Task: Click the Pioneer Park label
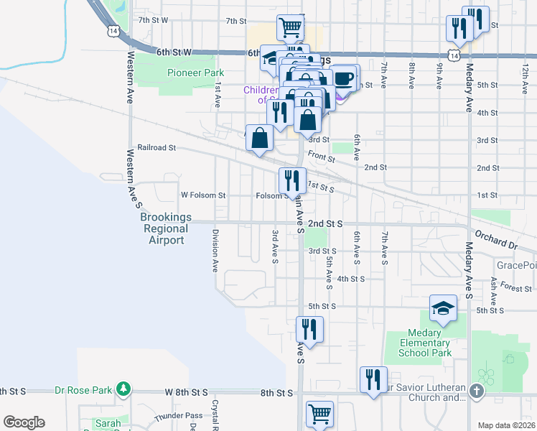195,73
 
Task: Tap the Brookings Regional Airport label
165,228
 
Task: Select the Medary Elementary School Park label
429,343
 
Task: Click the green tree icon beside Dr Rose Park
123,389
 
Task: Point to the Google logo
24,422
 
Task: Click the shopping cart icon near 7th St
290,27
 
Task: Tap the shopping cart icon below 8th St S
319,413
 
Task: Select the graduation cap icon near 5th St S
443,308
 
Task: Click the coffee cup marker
344,78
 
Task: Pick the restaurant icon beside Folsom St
292,180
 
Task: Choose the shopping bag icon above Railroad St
261,137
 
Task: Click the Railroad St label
157,147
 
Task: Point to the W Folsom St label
203,195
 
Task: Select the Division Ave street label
215,251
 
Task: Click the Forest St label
516,288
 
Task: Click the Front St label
321,154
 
